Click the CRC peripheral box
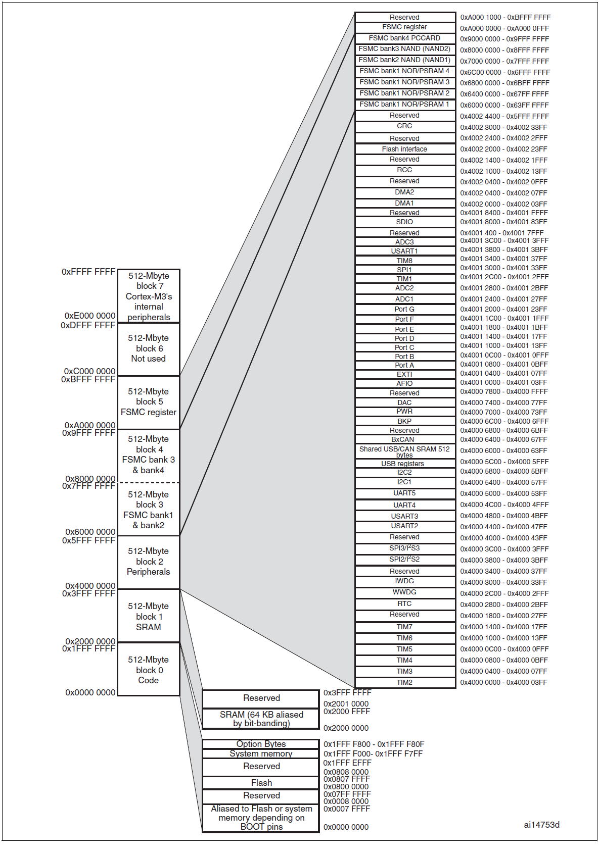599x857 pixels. click(404, 126)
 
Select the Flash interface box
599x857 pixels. click(404, 149)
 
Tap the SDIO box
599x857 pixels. click(404, 222)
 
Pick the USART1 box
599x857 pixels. click(404, 251)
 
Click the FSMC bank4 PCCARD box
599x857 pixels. click(404, 38)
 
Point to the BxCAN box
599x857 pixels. click(404, 439)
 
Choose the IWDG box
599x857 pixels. click(404, 581)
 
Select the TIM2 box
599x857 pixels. click(404, 682)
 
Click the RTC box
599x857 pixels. click(404, 603)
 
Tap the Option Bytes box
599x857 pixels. click(261, 744)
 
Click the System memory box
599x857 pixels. click(261, 753)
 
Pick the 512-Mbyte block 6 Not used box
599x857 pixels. click(149, 348)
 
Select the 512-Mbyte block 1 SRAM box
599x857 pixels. click(149, 616)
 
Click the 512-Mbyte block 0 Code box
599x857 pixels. click(149, 670)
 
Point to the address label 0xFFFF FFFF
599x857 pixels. click(88, 272)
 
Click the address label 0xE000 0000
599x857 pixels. click(90, 316)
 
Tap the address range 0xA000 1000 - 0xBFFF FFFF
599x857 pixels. click(505, 17)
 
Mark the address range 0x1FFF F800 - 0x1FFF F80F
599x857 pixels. click(374, 744)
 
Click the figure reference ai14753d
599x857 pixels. click(541, 825)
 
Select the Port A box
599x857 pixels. click(404, 365)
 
